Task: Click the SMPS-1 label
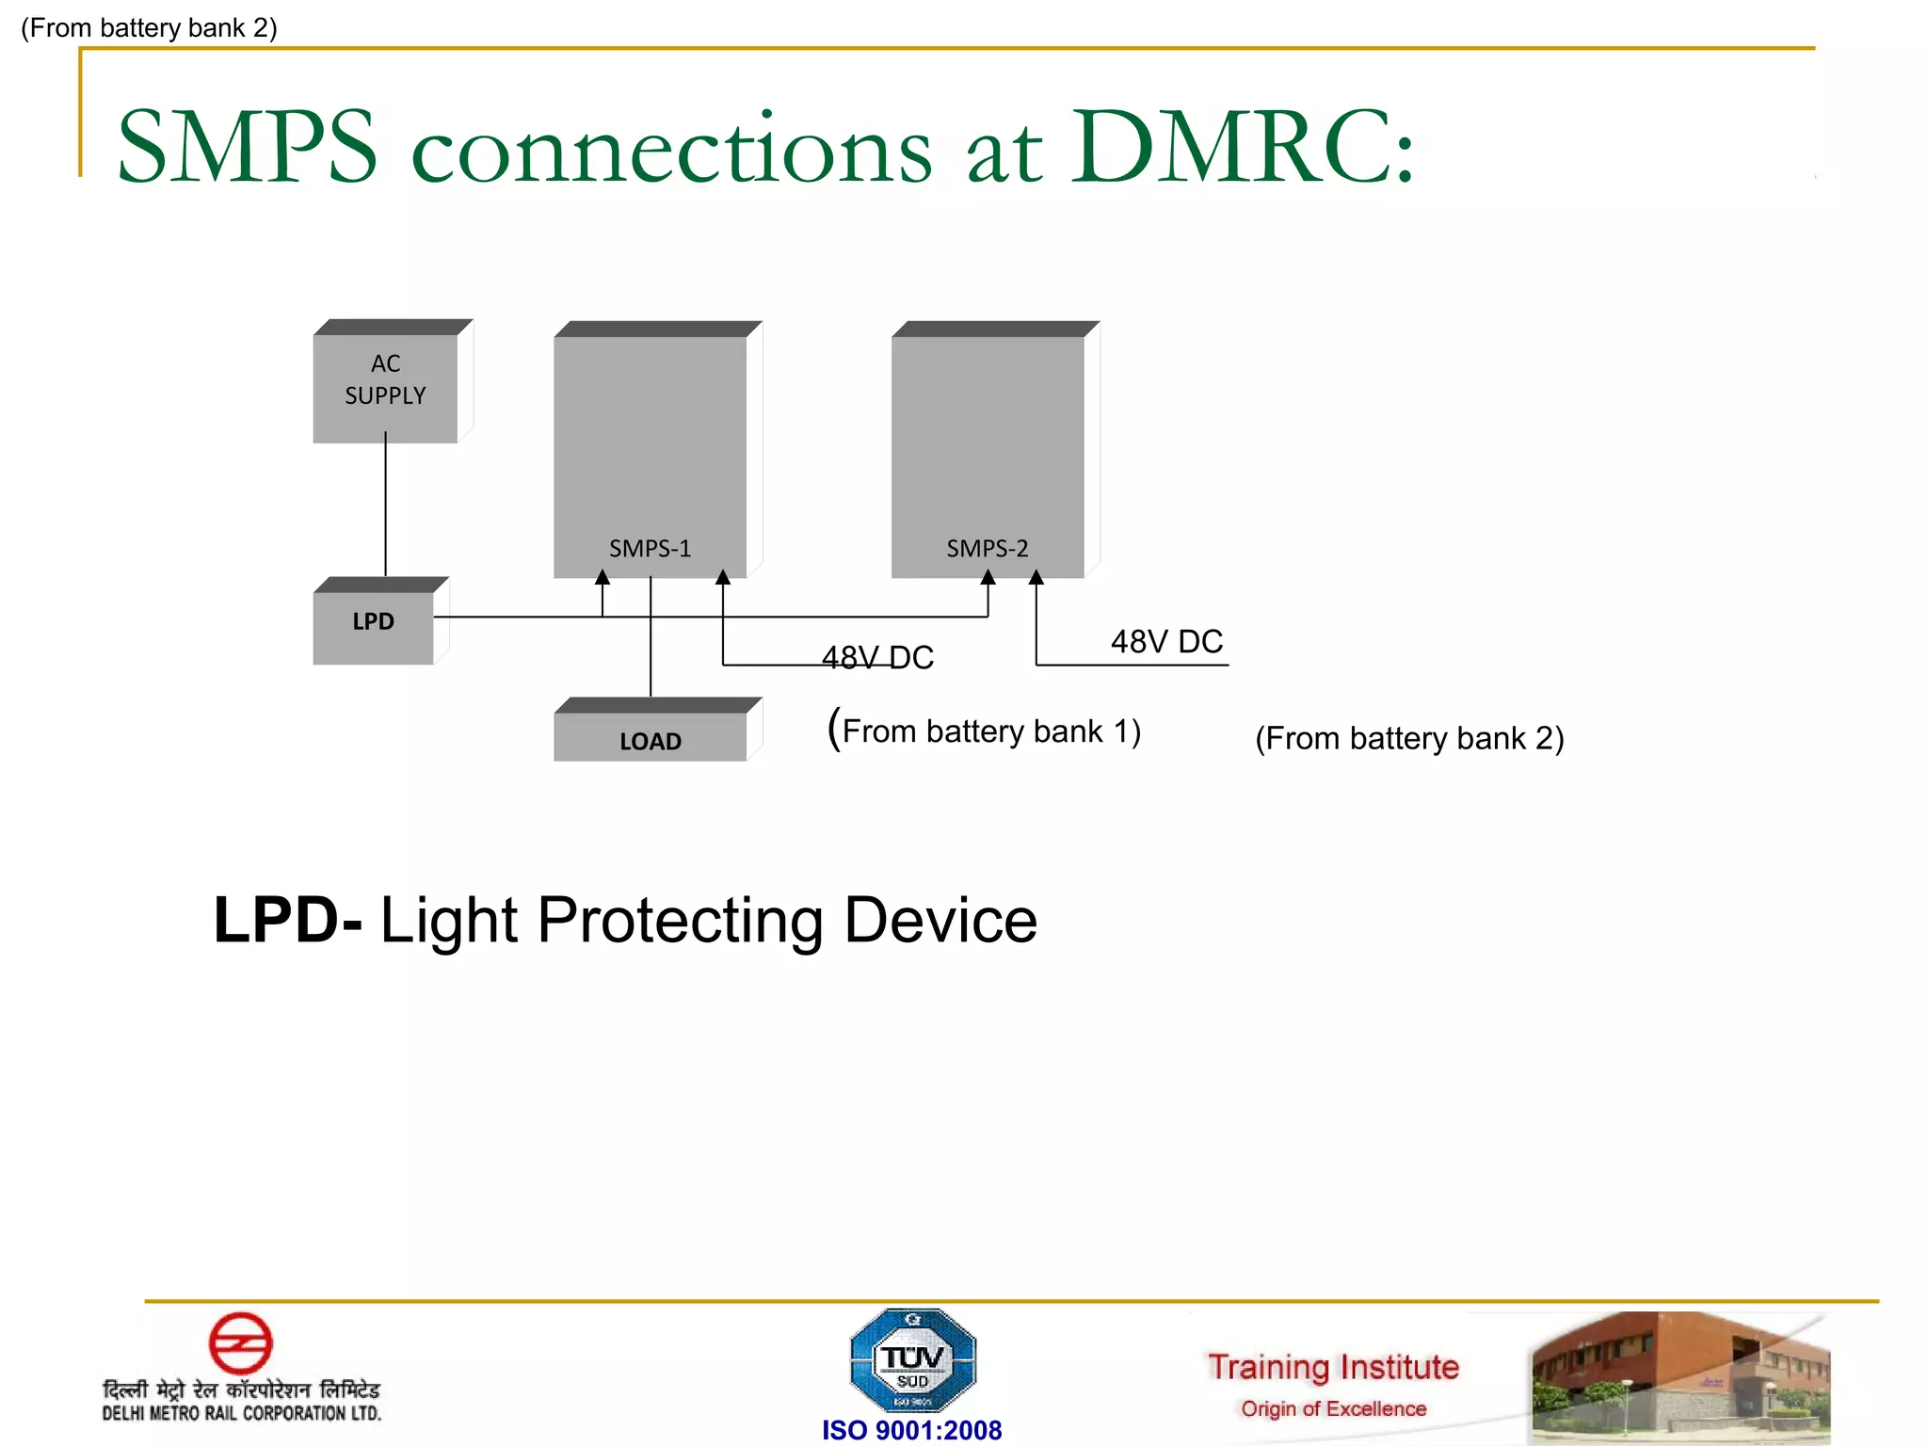(x=650, y=548)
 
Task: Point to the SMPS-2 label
(x=987, y=548)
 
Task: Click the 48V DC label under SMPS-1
(x=877, y=657)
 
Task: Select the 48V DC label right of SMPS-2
(x=1166, y=641)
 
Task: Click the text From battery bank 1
(x=985, y=731)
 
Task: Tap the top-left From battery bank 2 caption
(x=149, y=28)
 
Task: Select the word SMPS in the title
(x=248, y=148)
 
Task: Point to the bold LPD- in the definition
(x=287, y=920)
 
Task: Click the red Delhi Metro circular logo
(x=240, y=1342)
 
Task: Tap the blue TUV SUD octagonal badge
(x=912, y=1360)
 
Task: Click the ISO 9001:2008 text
(x=911, y=1430)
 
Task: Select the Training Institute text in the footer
(x=1333, y=1367)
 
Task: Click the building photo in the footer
(x=1680, y=1376)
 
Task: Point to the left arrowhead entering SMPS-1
(x=602, y=577)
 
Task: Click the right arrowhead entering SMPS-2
(x=1036, y=577)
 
